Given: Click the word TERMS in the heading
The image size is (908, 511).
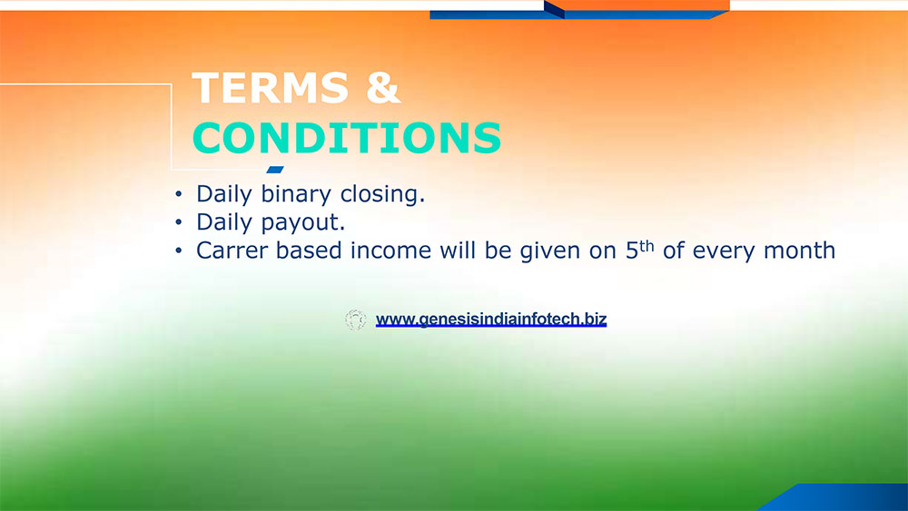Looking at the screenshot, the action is [x=271, y=87].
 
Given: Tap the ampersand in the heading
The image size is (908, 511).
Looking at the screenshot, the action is [x=383, y=87].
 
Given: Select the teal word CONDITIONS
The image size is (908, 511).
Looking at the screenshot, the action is [x=347, y=138].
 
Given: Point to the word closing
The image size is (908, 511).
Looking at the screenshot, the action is [x=383, y=194].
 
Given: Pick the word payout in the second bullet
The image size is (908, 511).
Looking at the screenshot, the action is [x=303, y=222].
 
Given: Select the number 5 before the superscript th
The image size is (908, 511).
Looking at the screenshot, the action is [x=632, y=251].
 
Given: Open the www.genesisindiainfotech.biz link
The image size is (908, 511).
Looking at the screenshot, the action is [x=491, y=319].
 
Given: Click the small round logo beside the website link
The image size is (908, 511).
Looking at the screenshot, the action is [x=356, y=319].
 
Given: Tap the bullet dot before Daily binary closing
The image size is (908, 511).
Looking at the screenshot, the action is [x=178, y=194].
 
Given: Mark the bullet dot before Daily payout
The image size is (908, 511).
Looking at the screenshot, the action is [x=178, y=222].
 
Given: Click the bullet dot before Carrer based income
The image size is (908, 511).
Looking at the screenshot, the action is [x=178, y=251].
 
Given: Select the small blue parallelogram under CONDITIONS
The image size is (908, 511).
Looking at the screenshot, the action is [x=275, y=170].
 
